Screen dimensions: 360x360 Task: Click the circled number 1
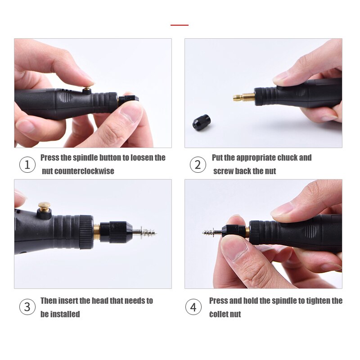point(27,165)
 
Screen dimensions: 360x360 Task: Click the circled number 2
point(198,165)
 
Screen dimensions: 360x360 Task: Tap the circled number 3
point(27,307)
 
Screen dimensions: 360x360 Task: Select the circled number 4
point(193,307)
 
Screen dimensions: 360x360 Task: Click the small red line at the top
point(180,25)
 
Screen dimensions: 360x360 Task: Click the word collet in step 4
point(219,314)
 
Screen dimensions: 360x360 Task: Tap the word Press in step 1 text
point(50,157)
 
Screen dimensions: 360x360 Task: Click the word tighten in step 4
point(310,301)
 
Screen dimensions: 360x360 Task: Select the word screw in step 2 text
point(223,171)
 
